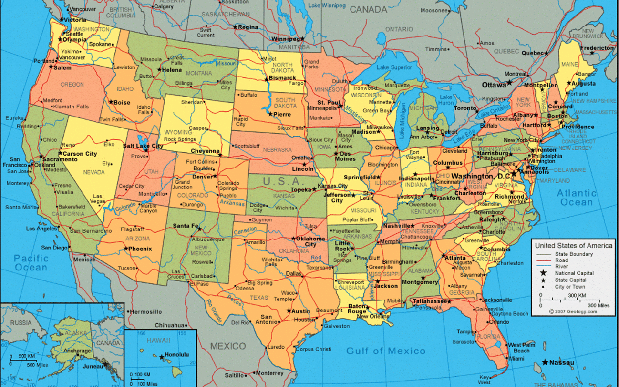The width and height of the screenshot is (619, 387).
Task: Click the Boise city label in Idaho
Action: point(121,103)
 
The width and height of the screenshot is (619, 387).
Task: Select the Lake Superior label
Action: point(394,68)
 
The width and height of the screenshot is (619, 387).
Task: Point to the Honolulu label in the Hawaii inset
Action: point(177,355)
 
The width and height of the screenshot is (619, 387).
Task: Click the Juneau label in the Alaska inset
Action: point(93,366)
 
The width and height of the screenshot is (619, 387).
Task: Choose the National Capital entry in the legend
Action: point(574,273)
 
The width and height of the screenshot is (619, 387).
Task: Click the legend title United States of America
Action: point(573,246)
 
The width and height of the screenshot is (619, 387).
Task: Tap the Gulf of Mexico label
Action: point(386,351)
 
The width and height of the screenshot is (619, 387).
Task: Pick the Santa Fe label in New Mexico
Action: point(186,226)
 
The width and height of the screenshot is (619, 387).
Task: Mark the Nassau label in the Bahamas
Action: point(561,362)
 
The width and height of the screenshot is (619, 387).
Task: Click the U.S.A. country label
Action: point(282,181)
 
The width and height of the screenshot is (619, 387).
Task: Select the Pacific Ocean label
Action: point(31,263)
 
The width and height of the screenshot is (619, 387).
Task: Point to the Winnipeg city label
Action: point(285,39)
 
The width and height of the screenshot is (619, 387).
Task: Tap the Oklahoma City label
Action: point(310,241)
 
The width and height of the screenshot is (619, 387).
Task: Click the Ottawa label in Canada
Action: point(494,85)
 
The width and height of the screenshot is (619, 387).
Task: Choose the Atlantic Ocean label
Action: point(576,198)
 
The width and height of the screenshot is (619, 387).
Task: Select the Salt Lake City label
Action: point(143,146)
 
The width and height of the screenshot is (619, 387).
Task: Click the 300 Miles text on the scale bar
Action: point(598,305)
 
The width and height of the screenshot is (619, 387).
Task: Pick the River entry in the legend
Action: point(561,267)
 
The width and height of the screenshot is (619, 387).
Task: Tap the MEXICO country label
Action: point(228,346)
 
